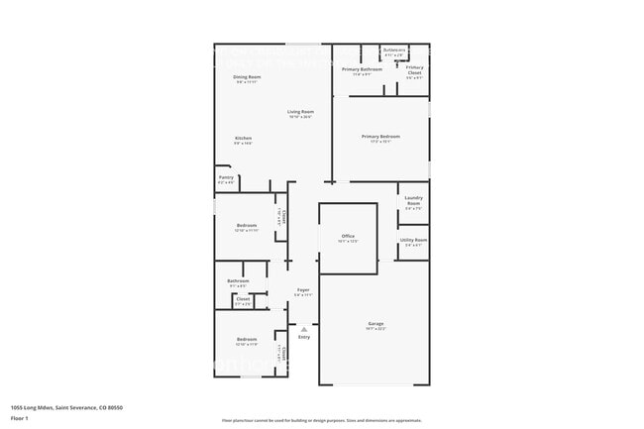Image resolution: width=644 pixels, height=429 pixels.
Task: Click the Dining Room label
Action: click(247, 76)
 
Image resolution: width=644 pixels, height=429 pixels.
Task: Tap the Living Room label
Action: click(301, 112)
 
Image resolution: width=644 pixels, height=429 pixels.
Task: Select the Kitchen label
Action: click(243, 138)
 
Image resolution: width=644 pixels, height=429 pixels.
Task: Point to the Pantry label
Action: click(226, 178)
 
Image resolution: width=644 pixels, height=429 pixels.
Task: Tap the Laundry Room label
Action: click(413, 199)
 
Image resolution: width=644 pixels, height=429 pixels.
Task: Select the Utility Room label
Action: click(413, 240)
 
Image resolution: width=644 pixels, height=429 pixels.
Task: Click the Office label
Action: click(348, 236)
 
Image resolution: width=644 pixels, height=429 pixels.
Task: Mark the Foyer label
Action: click(304, 290)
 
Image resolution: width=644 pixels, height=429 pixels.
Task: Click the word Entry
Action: click(304, 337)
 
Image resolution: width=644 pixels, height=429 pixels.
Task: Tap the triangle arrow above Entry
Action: click(304, 328)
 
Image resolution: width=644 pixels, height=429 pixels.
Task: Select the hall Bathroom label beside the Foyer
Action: click(238, 280)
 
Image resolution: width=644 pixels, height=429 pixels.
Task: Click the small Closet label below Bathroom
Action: click(243, 298)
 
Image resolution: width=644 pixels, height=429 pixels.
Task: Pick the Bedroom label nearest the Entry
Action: click(247, 340)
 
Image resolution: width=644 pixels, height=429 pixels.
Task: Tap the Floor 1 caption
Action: click(19, 418)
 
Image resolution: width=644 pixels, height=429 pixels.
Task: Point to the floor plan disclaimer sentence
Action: click(322, 420)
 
